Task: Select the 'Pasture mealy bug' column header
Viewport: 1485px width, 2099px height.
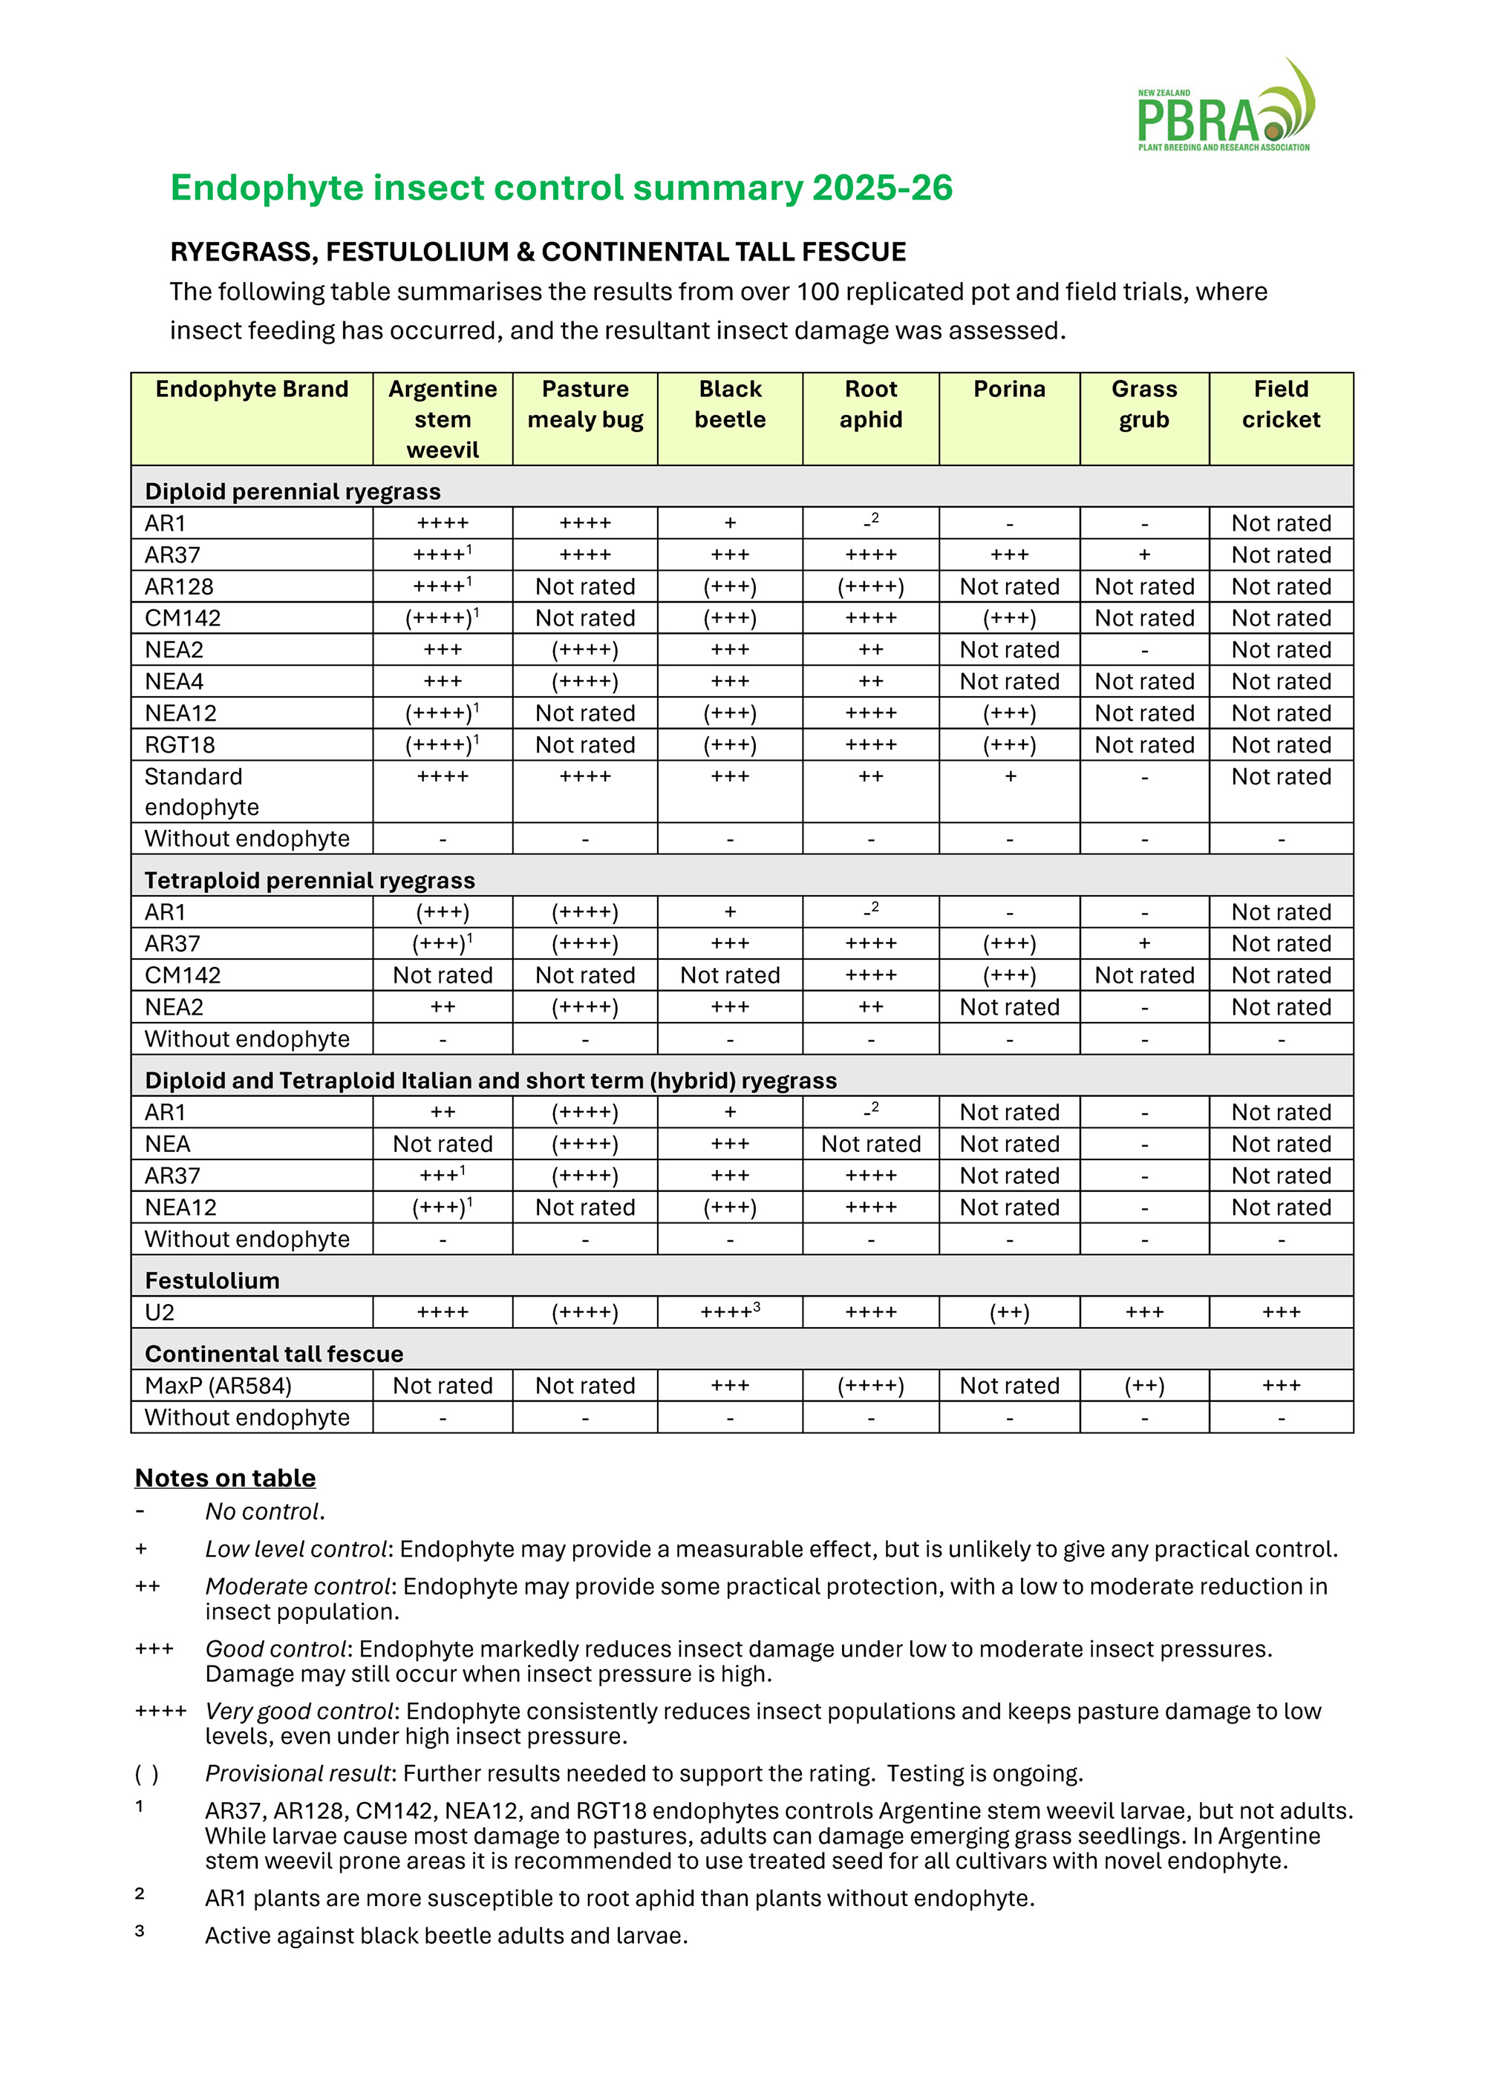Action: pyautogui.click(x=585, y=404)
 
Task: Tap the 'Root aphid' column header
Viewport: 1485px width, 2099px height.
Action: pyautogui.click(x=870, y=404)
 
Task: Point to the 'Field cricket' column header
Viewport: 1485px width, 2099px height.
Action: pyautogui.click(x=1280, y=404)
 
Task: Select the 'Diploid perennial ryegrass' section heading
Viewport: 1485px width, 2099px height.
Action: pyautogui.click(x=293, y=492)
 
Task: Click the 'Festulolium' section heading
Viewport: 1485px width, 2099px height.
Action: pyautogui.click(x=212, y=1281)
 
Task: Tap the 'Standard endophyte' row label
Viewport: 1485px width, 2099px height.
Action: pyautogui.click(x=202, y=792)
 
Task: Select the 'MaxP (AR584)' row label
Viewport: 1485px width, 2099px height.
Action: pyautogui.click(x=218, y=1386)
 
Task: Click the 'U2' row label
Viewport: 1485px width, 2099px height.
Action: pyautogui.click(x=160, y=1313)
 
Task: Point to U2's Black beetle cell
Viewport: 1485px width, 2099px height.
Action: pyautogui.click(x=730, y=1313)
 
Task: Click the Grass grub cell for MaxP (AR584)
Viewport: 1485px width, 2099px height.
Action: pyautogui.click(x=1144, y=1386)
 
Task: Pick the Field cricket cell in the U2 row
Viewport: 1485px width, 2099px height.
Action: pyautogui.click(x=1280, y=1313)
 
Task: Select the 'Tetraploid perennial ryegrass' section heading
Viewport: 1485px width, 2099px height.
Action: pyautogui.click(x=310, y=880)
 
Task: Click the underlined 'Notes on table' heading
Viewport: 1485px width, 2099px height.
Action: pyautogui.click(x=225, y=1479)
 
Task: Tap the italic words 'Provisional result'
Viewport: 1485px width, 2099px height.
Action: pyautogui.click(x=298, y=1774)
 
